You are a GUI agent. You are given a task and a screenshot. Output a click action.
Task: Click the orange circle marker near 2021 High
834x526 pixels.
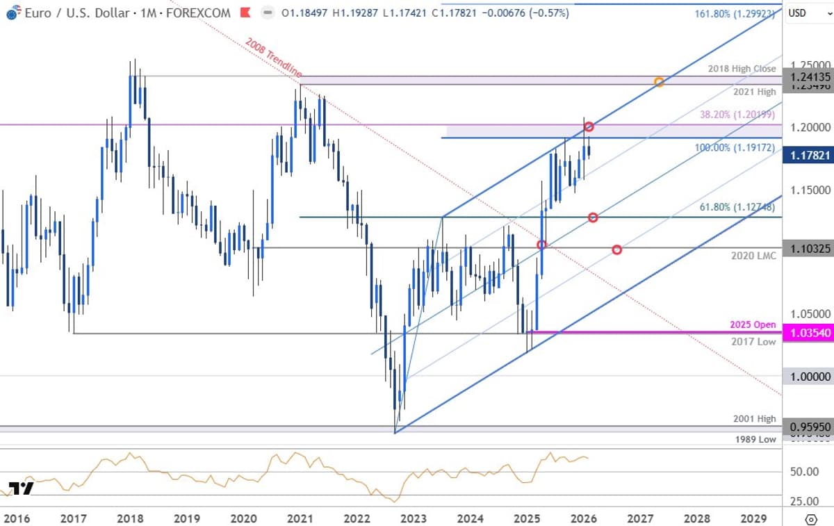(659, 82)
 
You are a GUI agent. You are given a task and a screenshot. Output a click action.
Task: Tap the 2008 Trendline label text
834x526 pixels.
(273, 57)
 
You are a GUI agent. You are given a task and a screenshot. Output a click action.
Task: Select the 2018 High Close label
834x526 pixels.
(742, 69)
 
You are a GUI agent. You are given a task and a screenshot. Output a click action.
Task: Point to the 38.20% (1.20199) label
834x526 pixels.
(737, 115)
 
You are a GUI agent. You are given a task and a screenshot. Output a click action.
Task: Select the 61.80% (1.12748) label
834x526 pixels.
(738, 206)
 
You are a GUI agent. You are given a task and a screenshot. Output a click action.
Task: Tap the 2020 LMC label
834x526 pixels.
(753, 256)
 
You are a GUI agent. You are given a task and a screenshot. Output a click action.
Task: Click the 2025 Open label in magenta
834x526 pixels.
(753, 324)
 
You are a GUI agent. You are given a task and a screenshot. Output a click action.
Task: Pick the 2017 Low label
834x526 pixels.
(753, 341)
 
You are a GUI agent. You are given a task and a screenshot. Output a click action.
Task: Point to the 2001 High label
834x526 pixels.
(754, 418)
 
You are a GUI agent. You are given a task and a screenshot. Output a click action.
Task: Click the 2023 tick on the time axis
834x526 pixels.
(414, 518)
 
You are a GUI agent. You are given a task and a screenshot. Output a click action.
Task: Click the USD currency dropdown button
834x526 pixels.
(806, 13)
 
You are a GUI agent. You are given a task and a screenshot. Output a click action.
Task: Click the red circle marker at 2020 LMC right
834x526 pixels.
(616, 249)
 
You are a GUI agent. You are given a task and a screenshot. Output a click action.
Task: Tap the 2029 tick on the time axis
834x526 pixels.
(753, 518)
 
